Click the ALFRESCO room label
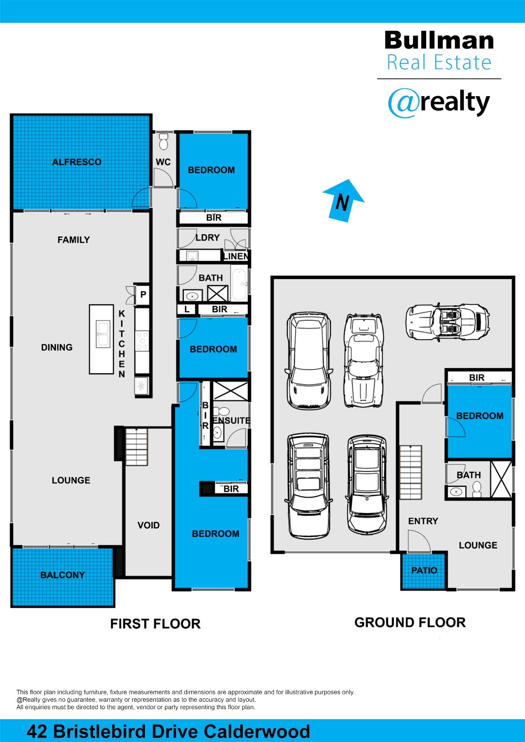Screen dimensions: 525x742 coord(77,162)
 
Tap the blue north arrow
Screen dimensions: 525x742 coord(343,200)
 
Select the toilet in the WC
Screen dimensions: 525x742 coord(163,141)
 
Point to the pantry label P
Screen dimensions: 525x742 coord(143,294)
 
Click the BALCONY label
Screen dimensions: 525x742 coord(63,575)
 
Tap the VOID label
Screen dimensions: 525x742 coord(148,525)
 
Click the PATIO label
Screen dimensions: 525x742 coord(424,570)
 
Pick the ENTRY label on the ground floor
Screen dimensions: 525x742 coord(423,521)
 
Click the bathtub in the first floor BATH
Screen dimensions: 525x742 coord(239,285)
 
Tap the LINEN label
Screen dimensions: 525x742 coord(236,256)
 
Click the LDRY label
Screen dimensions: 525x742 coord(207,237)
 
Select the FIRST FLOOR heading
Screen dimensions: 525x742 coord(155,624)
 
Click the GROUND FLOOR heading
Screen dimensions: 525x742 coord(410,623)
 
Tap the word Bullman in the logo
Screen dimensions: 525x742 coord(439,40)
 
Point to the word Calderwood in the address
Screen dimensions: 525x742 coord(257,732)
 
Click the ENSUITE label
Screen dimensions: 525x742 coord(232,421)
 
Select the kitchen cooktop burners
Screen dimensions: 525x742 coord(142,341)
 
